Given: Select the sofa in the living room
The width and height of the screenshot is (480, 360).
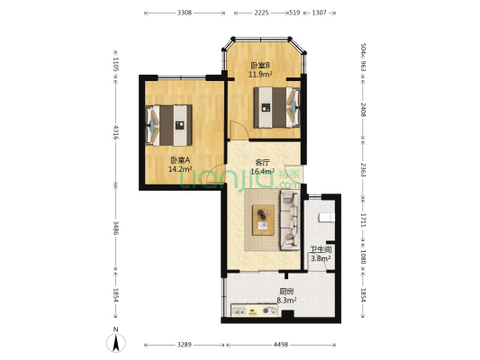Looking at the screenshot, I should point(290,219).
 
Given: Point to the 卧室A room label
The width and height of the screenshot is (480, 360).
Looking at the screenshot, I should point(179,159).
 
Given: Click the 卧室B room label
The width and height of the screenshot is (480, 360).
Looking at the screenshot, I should point(260,65).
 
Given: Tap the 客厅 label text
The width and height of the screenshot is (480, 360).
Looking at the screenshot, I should point(261,163).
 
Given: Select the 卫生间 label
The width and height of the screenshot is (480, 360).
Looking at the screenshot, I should point(321,249).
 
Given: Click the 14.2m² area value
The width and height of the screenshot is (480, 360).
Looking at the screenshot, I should point(179,168).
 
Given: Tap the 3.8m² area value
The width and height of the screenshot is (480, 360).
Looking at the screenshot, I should point(321,258).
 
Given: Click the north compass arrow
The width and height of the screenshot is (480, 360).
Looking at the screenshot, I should point(115,341).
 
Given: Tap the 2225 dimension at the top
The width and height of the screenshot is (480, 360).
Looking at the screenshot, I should point(261,13).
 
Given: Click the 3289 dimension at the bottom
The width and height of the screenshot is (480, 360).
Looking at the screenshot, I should point(183,345).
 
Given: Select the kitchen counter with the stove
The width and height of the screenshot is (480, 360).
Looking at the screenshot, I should point(257,311).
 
